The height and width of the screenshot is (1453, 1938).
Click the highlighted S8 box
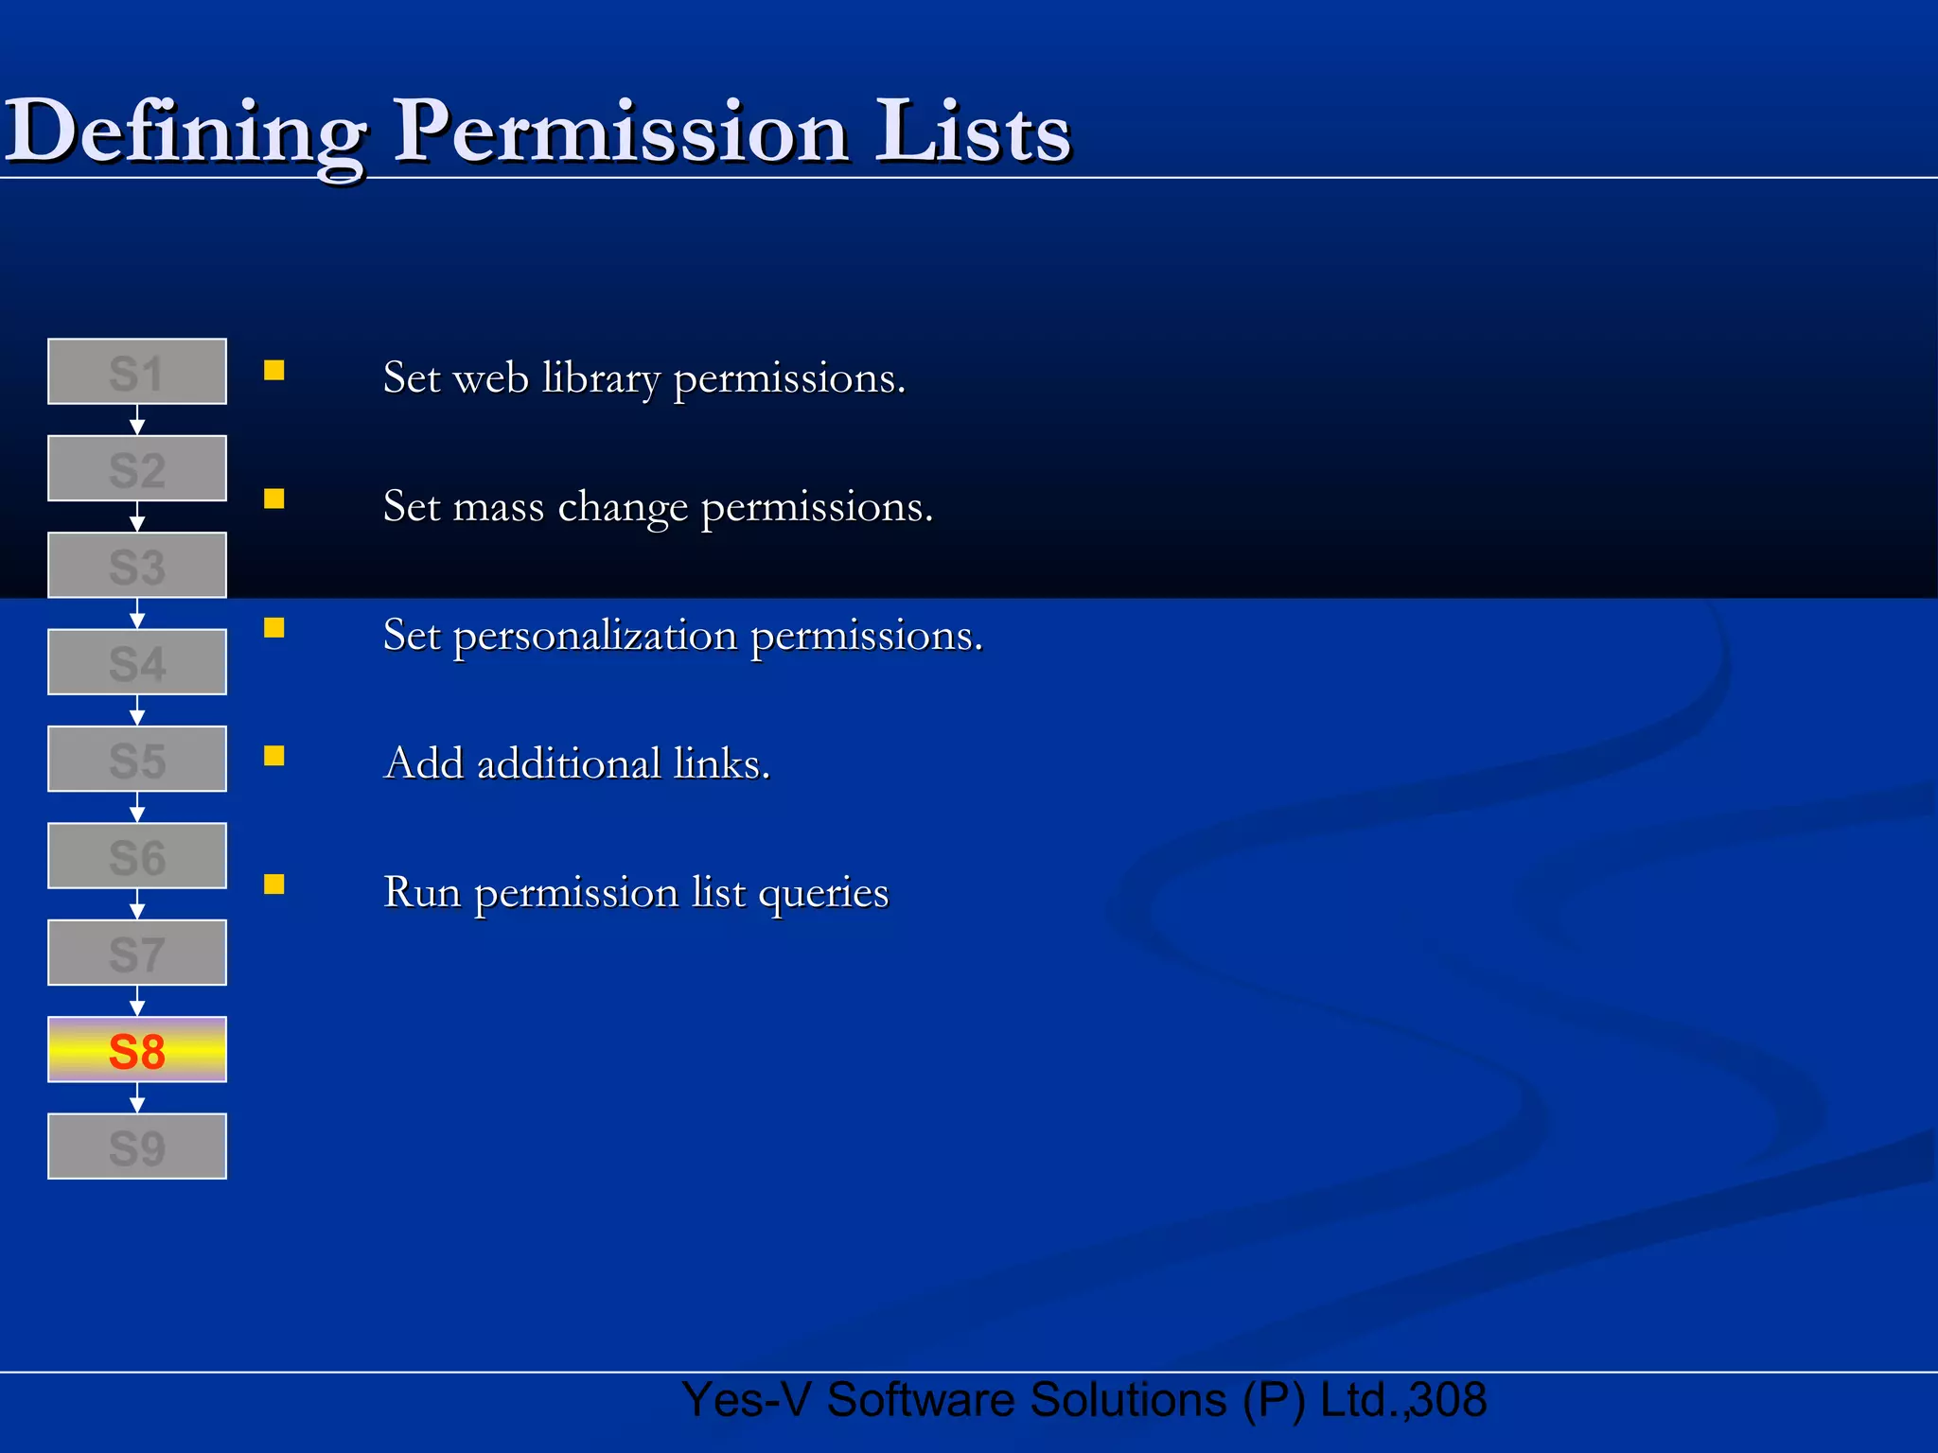click(137, 1050)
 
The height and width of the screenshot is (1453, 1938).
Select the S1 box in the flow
click(137, 372)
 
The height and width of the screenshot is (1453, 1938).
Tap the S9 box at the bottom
click(137, 1147)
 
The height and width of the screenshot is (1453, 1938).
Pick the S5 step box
click(137, 760)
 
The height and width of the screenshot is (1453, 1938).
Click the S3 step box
click(137, 566)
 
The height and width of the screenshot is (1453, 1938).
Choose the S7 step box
click(137, 953)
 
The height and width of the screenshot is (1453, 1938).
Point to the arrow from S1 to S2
click(137, 420)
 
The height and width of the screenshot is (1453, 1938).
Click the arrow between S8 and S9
click(137, 1098)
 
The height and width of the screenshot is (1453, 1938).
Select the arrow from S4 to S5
click(137, 710)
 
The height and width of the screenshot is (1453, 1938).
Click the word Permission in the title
click(620, 132)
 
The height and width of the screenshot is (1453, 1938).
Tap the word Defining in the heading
click(185, 132)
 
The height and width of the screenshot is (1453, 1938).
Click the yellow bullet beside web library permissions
click(274, 370)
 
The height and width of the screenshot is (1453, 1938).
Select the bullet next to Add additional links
click(274, 756)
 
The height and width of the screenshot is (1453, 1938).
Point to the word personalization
click(595, 636)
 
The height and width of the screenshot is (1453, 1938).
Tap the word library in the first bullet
click(601, 379)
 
